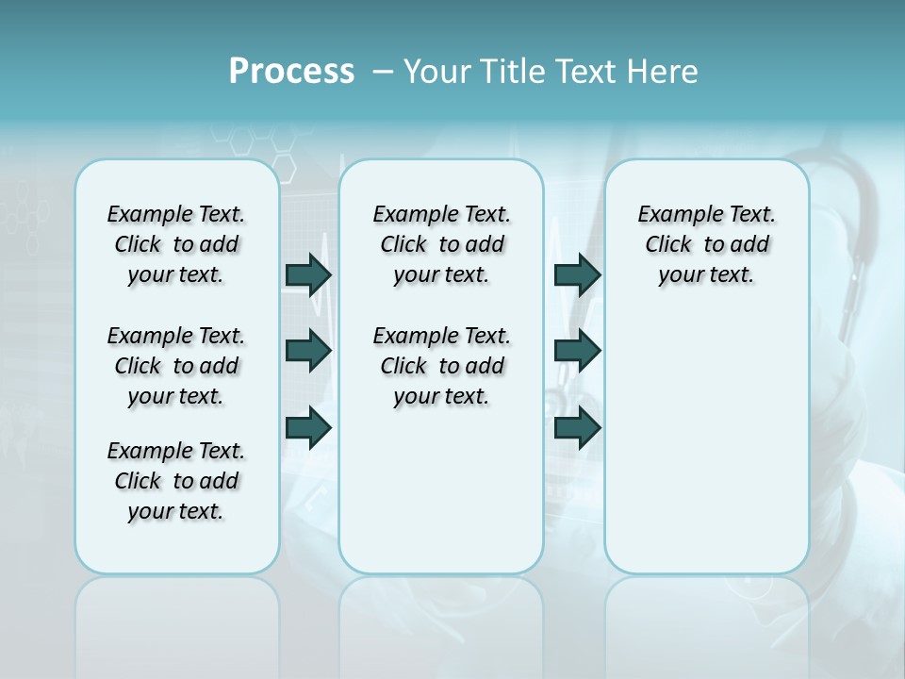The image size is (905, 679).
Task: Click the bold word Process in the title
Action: [x=291, y=72]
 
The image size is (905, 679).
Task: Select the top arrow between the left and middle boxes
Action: [x=308, y=274]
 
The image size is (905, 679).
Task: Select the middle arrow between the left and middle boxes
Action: [x=308, y=351]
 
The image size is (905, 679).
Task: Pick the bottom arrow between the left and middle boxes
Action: [x=308, y=427]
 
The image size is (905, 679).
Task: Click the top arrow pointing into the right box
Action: [x=577, y=274]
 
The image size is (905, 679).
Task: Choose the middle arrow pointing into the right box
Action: [x=577, y=351]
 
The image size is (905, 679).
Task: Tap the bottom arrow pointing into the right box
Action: [x=577, y=427]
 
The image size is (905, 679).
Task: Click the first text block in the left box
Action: [x=176, y=244]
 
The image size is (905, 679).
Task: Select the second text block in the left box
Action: [x=176, y=366]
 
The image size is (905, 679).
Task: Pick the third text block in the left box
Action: [x=176, y=481]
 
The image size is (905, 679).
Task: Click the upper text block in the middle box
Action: [x=441, y=244]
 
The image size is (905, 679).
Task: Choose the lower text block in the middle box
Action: [x=441, y=366]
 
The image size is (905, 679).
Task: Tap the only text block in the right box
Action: [x=706, y=244]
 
